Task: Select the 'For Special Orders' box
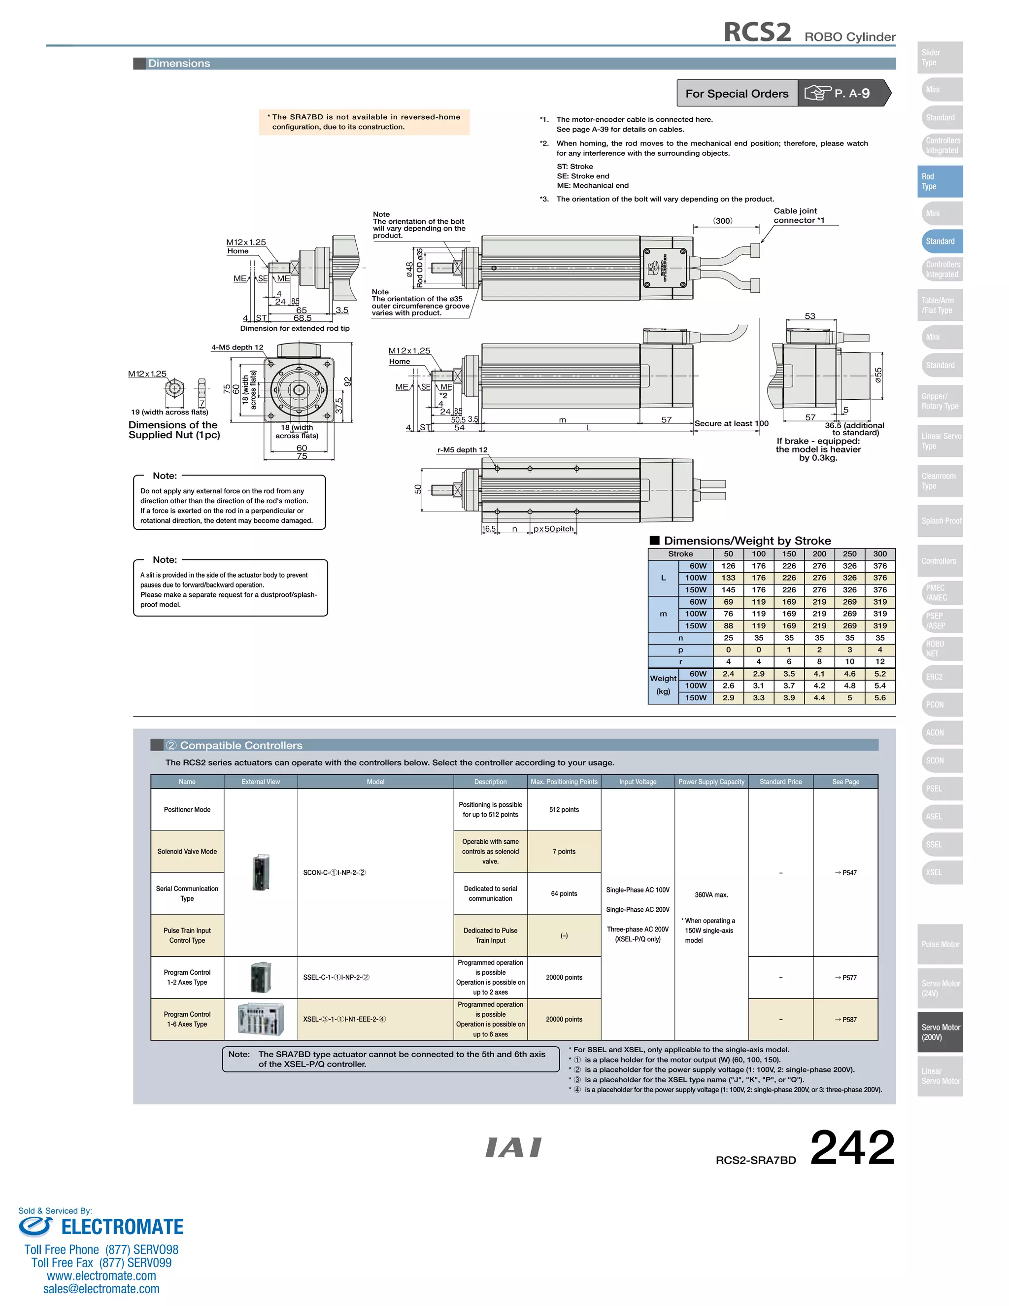737,94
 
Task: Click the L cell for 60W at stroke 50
728,566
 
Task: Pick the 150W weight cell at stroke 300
880,697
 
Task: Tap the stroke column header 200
819,554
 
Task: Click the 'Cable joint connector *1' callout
799,215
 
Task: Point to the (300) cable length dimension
723,221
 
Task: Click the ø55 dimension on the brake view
878,375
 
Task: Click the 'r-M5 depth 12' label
462,449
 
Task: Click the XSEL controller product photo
261,1020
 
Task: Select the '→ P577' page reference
846,978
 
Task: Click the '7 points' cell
564,852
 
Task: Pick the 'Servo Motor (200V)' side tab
940,1032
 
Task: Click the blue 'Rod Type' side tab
940,181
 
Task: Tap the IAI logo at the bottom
513,1147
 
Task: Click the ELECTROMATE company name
122,1227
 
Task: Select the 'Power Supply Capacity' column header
711,782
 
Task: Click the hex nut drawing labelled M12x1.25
174,388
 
